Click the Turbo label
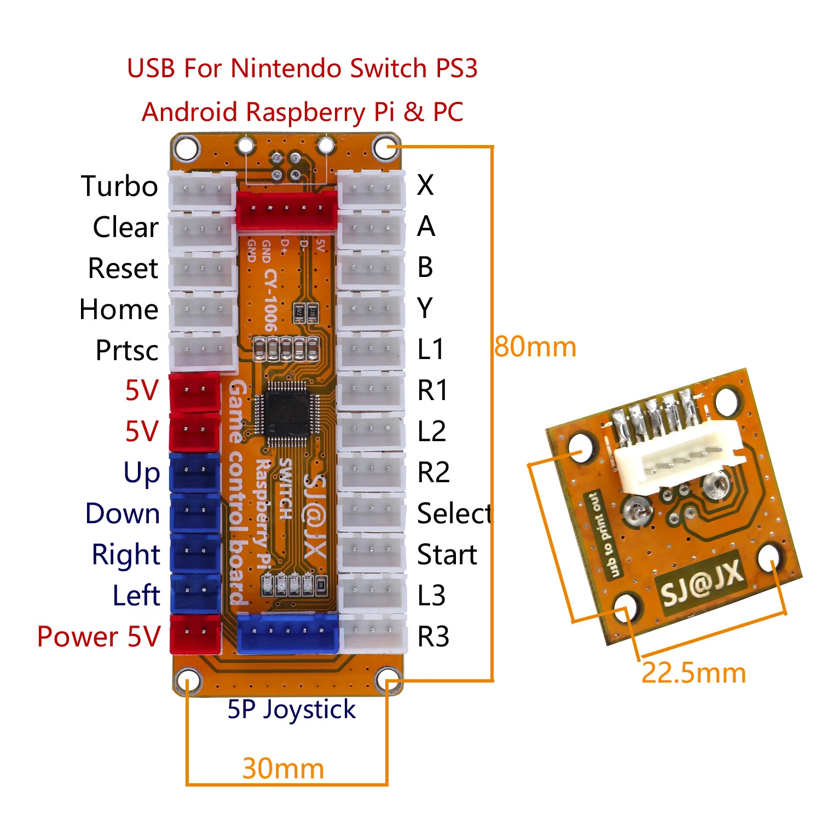tap(119, 186)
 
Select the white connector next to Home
tap(203, 310)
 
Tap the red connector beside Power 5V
tap(195, 634)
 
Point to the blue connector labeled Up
tap(195, 471)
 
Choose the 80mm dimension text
tap(535, 347)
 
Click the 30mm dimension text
tap(283, 768)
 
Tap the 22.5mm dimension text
tap(693, 673)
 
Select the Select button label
tap(455, 513)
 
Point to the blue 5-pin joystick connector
tap(288, 633)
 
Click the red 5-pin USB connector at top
tap(286, 210)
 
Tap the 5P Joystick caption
tap(291, 710)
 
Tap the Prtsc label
tap(127, 350)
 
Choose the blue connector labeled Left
tap(195, 593)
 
